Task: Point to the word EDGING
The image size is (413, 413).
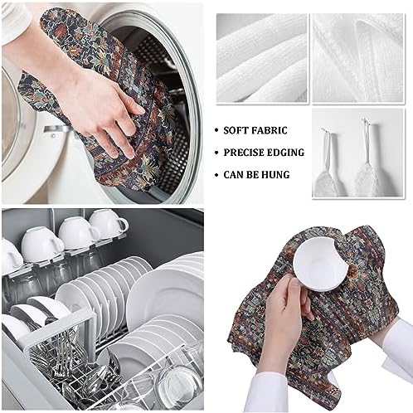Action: (x=287, y=153)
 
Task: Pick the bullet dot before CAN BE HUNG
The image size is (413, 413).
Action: (x=216, y=175)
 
